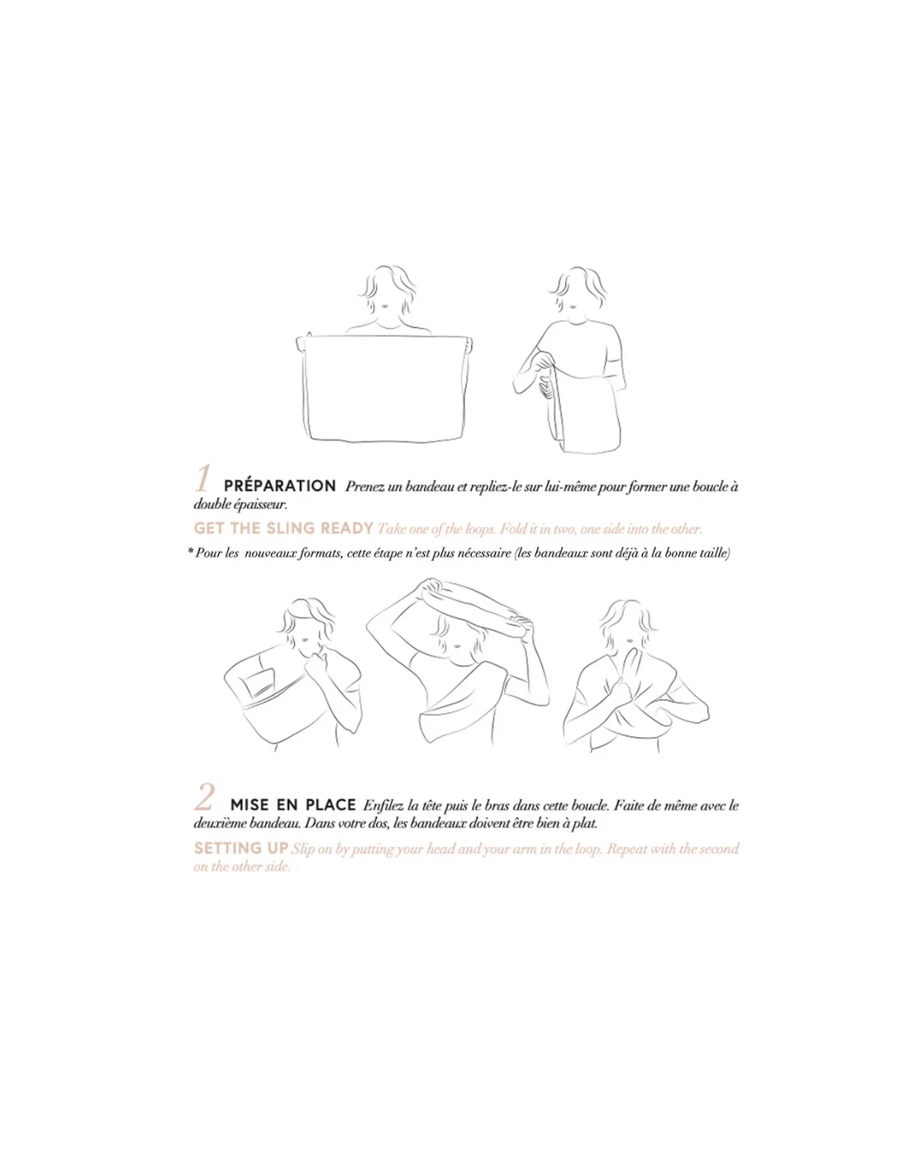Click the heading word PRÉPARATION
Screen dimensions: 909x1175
[280, 485]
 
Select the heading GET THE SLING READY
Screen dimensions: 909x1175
[283, 528]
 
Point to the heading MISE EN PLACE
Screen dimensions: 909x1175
[293, 805]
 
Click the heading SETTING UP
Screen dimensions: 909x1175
[241, 848]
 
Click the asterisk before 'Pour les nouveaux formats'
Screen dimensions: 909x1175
[190, 551]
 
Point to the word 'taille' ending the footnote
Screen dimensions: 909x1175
[714, 553]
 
